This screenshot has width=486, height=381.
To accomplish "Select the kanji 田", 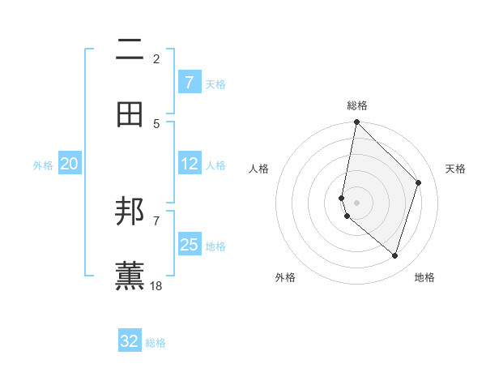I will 130,115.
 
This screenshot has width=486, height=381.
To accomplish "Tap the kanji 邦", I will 130,212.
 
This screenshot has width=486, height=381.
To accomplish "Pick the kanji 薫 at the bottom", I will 130,276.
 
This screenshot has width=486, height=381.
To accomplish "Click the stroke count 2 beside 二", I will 156,58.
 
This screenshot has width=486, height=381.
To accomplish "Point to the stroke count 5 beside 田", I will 156,123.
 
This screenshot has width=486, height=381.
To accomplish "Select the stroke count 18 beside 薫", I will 156,285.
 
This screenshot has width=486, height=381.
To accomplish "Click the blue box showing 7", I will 190,83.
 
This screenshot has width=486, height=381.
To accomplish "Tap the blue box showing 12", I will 190,164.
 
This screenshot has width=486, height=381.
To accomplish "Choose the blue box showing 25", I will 190,245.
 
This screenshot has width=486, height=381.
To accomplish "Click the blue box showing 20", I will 70,164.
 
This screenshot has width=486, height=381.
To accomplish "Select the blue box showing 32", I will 130,341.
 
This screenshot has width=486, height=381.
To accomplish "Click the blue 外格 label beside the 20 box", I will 43,165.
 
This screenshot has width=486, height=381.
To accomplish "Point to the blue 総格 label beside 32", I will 156,342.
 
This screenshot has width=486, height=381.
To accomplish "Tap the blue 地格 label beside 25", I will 215,246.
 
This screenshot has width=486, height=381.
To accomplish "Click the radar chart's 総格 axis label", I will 357,105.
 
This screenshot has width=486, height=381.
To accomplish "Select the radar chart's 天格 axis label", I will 456,169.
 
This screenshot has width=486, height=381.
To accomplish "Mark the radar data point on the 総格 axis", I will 356,122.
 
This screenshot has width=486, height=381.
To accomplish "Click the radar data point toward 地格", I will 394,256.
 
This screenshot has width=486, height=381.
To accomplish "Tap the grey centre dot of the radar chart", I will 356,202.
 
